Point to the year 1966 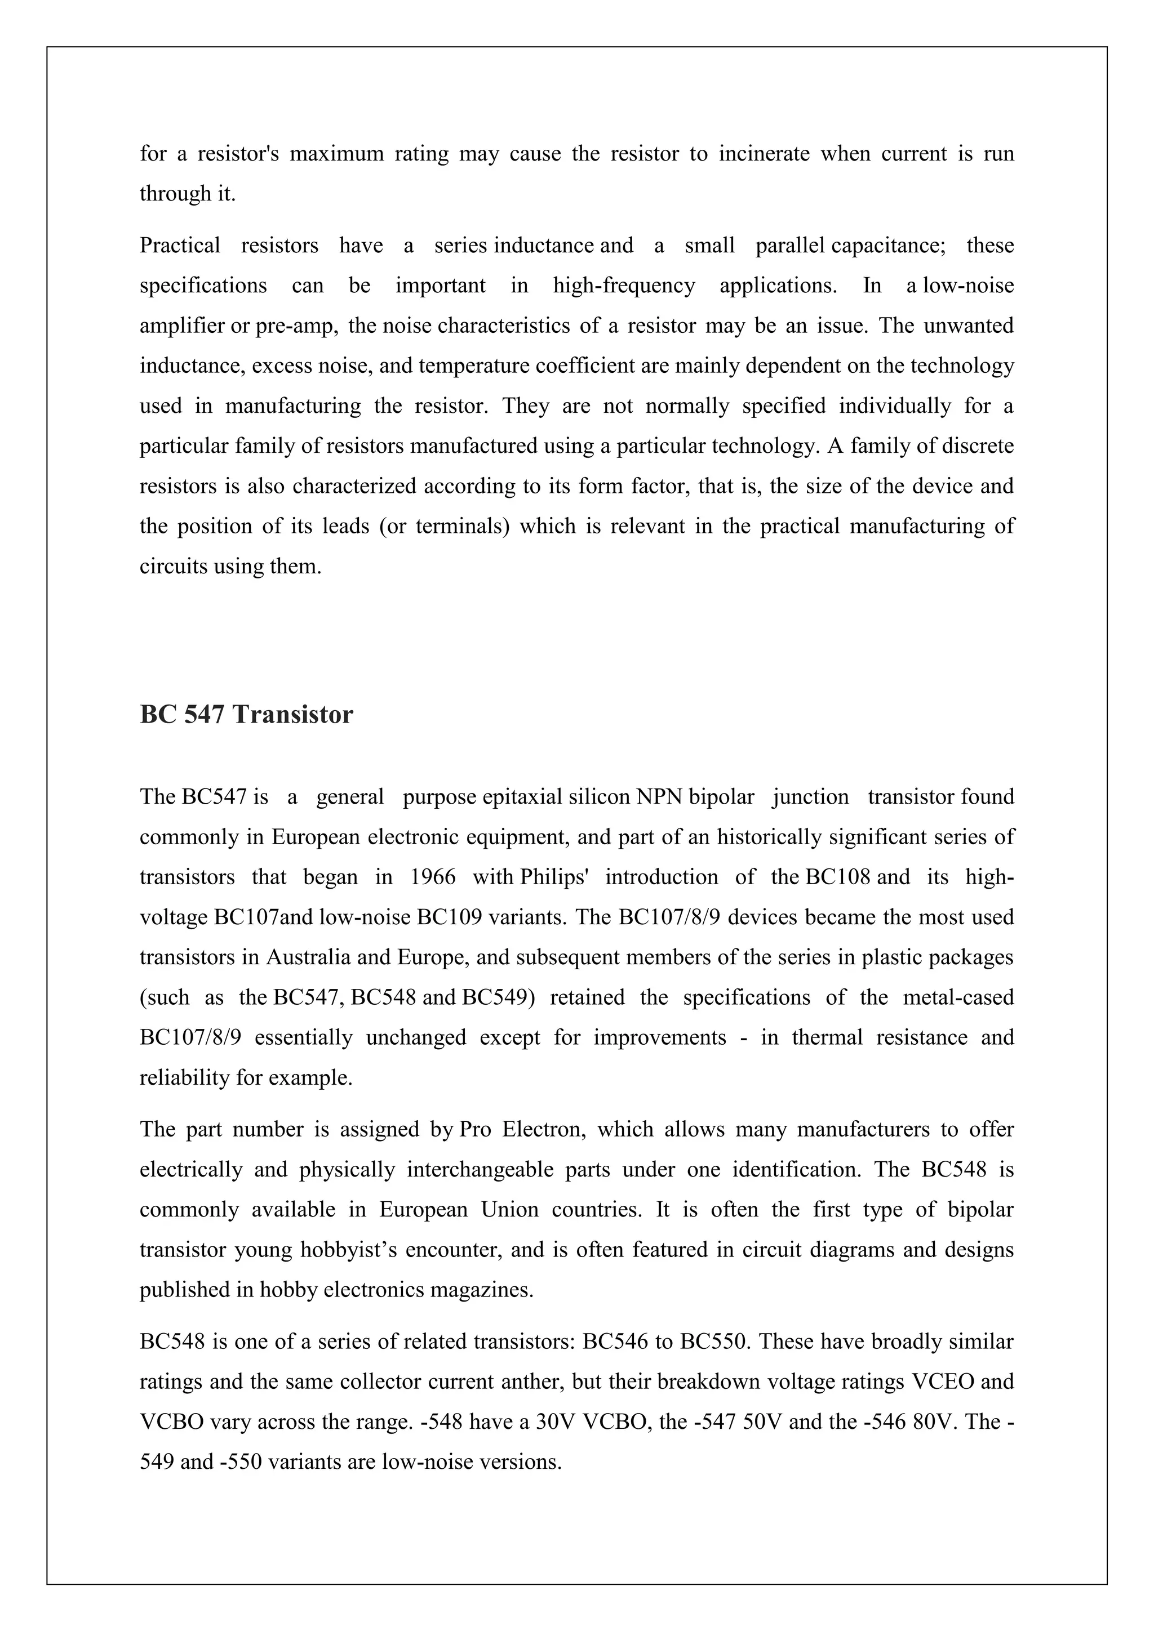click(433, 877)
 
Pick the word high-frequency click(624, 286)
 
